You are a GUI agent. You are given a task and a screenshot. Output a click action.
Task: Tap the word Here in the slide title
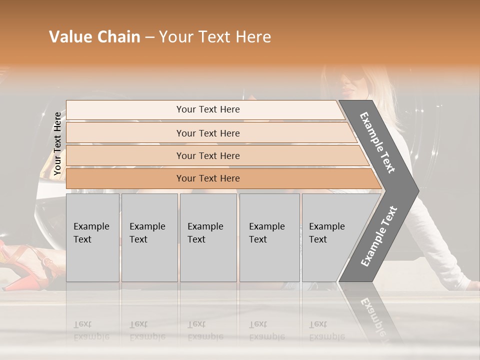[253, 37]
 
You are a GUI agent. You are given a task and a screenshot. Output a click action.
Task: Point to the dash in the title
[149, 37]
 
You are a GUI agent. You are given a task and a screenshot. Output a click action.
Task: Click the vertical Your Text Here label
[57, 143]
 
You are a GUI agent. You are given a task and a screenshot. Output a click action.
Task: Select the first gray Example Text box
[92, 237]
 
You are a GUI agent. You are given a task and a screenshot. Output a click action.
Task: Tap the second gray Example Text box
[148, 237]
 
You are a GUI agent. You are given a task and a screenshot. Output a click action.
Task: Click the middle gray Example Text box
[208, 237]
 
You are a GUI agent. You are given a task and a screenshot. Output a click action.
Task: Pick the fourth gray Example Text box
[269, 237]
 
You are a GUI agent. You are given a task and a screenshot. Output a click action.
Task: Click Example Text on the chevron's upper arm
[378, 143]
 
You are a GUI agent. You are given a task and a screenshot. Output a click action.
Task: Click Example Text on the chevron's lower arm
[379, 236]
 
